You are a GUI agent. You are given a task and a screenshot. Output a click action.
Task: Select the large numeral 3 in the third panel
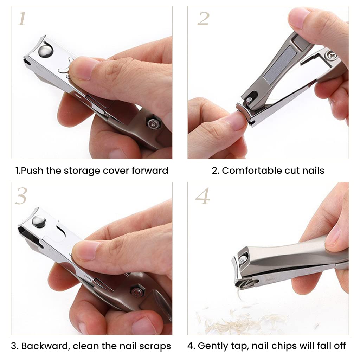(21, 196)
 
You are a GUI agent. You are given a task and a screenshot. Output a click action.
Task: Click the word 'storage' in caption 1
(82, 171)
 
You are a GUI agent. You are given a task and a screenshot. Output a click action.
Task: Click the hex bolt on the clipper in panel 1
(152, 123)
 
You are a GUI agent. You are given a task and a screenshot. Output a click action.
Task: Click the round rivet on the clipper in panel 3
(38, 222)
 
